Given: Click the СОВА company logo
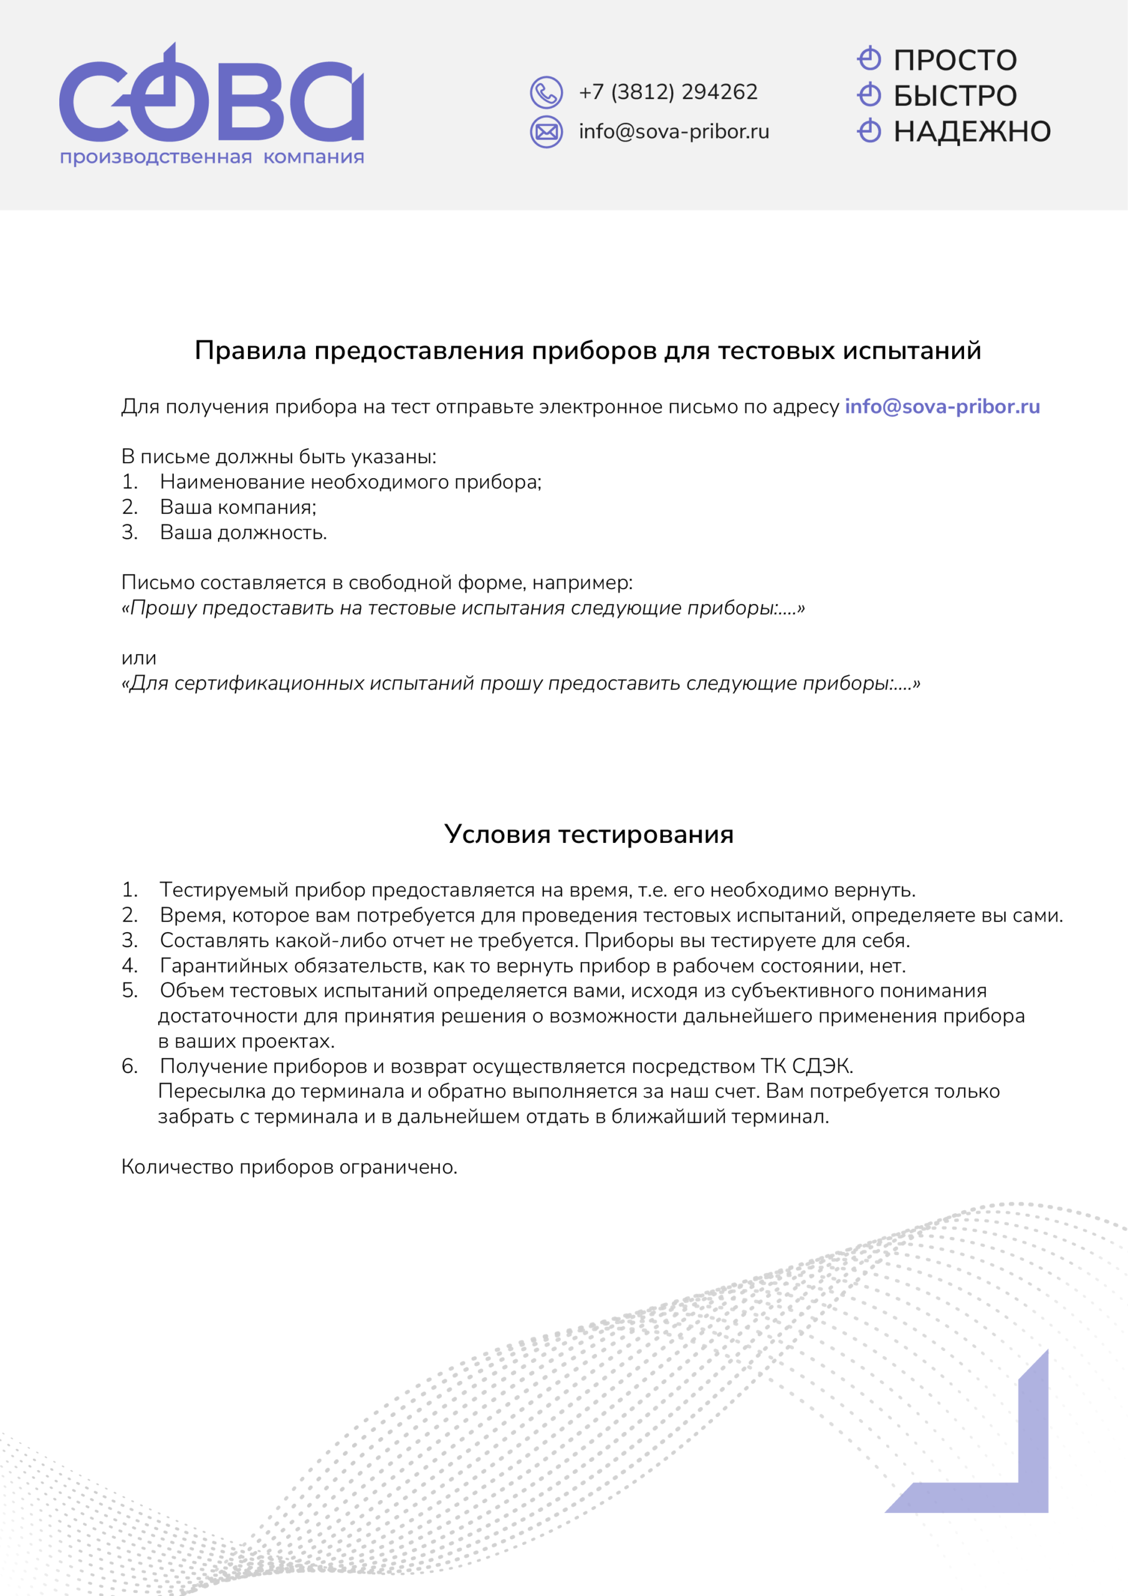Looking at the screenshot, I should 211,97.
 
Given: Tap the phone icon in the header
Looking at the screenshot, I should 547,92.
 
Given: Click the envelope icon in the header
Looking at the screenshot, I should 547,132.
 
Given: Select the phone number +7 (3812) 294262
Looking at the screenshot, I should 668,92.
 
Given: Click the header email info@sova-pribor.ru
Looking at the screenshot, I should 674,132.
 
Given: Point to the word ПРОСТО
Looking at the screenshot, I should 954,60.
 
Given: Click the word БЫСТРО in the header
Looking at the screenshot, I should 954,96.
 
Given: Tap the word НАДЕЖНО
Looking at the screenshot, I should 972,132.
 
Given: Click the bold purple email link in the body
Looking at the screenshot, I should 942,406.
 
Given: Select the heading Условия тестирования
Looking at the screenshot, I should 589,834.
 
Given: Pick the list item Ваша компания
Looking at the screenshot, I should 237,507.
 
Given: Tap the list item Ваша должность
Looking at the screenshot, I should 242,532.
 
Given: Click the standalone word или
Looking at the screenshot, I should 138,658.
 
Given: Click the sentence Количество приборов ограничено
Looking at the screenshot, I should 289,1167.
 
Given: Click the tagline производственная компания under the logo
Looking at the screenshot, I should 211,157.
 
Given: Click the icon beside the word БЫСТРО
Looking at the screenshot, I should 869,95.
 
